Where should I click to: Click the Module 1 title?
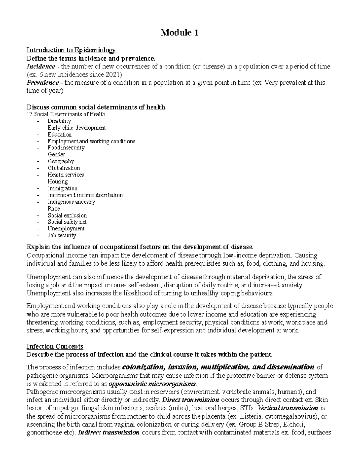click(x=179, y=32)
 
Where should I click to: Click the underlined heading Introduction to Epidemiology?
click(x=71, y=50)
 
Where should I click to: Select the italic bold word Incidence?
click(x=41, y=66)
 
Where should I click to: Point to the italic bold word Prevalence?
click(x=43, y=83)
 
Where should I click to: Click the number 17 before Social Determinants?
click(x=29, y=114)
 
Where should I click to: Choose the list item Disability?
click(x=59, y=121)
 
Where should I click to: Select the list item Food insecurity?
click(x=66, y=148)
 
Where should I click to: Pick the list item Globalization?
click(x=64, y=168)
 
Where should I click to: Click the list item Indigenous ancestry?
click(x=71, y=202)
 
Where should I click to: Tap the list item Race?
click(x=54, y=209)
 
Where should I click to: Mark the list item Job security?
click(x=62, y=236)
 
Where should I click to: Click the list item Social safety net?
click(x=67, y=222)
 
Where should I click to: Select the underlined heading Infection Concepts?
click(x=55, y=347)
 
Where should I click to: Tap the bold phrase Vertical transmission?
click(x=288, y=408)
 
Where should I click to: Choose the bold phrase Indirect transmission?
click(x=109, y=433)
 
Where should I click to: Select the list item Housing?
click(x=58, y=182)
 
